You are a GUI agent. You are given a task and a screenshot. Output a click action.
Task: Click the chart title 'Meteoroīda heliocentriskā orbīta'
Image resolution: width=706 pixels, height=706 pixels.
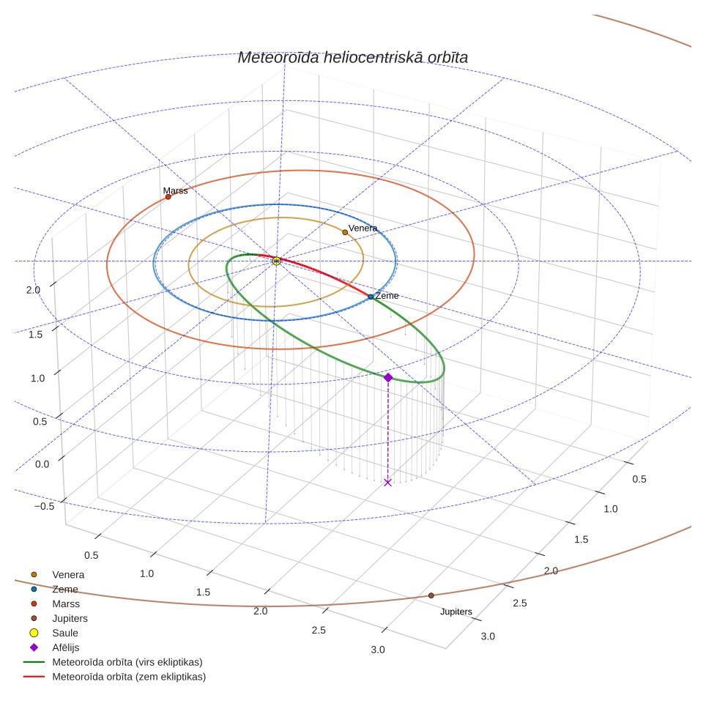(352, 58)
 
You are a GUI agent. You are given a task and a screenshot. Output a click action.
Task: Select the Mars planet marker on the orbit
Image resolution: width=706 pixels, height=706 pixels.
(168, 197)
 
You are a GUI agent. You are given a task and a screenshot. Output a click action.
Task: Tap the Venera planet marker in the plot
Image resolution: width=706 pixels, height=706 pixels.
(345, 232)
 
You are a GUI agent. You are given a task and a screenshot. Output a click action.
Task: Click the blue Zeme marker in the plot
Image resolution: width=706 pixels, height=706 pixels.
(371, 297)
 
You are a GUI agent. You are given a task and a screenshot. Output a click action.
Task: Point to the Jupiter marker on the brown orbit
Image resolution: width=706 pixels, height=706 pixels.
(431, 595)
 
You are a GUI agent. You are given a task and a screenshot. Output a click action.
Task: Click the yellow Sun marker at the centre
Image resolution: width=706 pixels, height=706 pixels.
(276, 261)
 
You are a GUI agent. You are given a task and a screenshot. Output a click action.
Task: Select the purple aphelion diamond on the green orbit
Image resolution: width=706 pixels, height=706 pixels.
(388, 377)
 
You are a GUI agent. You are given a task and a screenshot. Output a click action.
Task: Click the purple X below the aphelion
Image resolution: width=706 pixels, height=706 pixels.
(387, 483)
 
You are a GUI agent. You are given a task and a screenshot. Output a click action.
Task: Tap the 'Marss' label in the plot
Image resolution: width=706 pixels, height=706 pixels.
(175, 190)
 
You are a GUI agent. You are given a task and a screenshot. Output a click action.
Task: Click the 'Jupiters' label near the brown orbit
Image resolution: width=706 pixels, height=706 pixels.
(456, 612)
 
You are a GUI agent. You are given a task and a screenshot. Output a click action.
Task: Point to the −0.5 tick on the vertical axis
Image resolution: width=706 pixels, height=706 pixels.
(44, 506)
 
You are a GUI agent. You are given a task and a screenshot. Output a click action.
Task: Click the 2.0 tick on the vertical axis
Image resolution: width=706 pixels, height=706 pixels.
(33, 290)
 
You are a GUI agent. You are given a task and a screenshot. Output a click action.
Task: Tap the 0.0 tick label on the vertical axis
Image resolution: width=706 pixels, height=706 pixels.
(42, 464)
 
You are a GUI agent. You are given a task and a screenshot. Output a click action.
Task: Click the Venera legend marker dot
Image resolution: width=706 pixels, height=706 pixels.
(34, 574)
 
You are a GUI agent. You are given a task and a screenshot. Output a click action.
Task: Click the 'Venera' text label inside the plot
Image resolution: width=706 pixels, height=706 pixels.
(363, 228)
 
